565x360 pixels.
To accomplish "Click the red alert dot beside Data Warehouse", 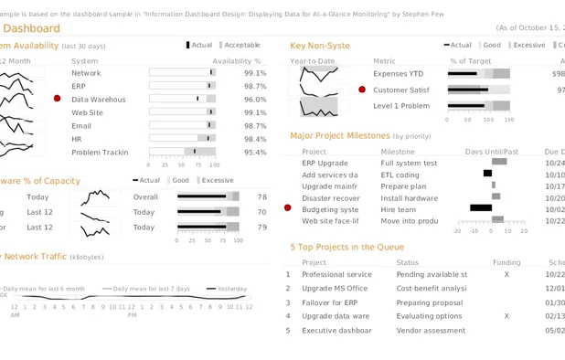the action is point(58,99).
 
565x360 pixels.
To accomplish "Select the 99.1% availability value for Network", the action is point(255,73).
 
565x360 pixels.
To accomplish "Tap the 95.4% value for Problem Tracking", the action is point(255,153).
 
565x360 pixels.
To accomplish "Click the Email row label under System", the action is point(81,126).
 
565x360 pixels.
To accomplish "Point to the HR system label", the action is point(77,139).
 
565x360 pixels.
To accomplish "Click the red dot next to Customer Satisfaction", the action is point(362,90).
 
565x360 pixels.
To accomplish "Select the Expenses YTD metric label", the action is point(398,73).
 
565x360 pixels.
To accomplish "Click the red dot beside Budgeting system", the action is point(288,209).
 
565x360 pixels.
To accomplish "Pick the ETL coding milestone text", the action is point(400,175).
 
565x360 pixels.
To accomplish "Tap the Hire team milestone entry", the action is point(399,209).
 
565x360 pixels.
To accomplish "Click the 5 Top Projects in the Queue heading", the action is point(346,247).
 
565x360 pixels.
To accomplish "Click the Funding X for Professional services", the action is point(506,274).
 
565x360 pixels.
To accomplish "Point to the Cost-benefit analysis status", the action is point(432,288).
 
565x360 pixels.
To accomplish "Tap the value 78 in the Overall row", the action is point(262,196).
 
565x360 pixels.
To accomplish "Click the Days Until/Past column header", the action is point(491,152).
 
